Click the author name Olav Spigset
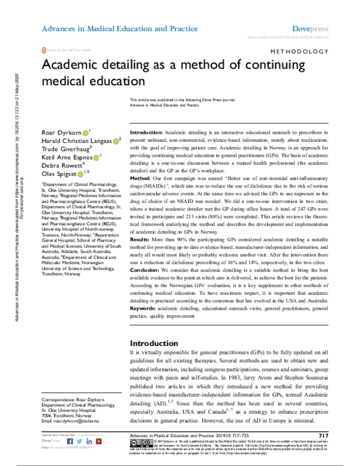click(58, 173)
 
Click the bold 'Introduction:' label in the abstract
click(146, 131)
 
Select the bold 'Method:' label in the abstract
click(141, 195)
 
